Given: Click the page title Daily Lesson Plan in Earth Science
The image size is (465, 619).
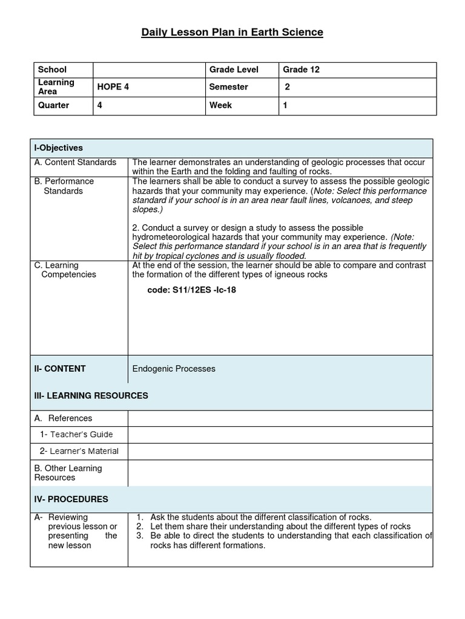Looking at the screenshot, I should (232, 32).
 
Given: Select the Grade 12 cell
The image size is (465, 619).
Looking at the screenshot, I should (301, 70).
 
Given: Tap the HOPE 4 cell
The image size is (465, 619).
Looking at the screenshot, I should (113, 87).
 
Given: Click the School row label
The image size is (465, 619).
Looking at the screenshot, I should (52, 70).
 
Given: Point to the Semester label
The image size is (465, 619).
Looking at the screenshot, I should (228, 87).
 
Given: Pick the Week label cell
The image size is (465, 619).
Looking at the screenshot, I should (220, 105).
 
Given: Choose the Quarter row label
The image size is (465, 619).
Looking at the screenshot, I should (53, 105).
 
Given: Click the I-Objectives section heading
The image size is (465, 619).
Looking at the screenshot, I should (59, 148).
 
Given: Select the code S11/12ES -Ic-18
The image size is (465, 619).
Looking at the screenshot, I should (192, 290).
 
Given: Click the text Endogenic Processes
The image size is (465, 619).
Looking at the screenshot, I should (174, 369).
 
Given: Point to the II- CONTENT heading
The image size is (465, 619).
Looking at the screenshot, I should (60, 369).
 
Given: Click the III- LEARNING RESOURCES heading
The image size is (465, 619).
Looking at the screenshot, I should (91, 396).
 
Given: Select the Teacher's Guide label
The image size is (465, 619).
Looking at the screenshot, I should (76, 435).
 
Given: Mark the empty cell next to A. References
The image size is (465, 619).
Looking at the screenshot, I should (280, 418).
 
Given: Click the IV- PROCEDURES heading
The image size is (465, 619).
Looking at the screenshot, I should (71, 499).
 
